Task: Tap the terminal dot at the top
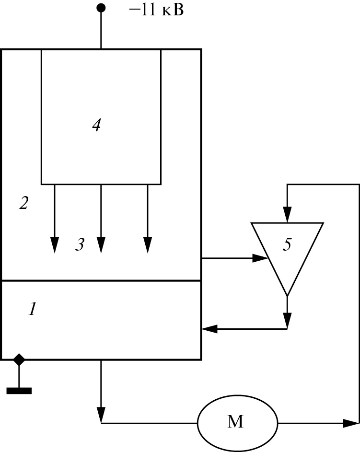tap(101, 8)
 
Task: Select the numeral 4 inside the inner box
tap(96, 126)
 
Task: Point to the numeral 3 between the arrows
tap(80, 245)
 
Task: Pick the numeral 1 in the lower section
tap(32, 310)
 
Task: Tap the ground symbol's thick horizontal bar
tap(19, 391)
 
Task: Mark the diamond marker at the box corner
tap(19, 359)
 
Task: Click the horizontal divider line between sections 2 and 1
tap(101, 280)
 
